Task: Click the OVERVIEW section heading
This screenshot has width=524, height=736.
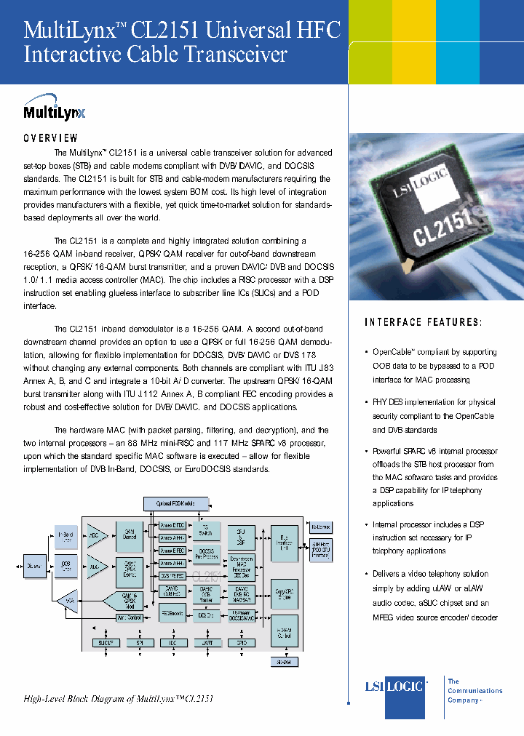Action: [x=50, y=137]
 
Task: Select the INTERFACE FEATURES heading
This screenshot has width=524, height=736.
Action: [x=423, y=322]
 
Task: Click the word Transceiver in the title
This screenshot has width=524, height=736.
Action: [x=230, y=55]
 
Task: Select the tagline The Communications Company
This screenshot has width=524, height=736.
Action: [x=474, y=690]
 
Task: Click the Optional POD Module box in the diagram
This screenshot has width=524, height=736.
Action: [x=175, y=503]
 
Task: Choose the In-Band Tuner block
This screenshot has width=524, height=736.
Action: [x=66, y=537]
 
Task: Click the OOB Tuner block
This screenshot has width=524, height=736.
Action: [x=66, y=564]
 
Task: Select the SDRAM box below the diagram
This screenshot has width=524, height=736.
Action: [x=284, y=662]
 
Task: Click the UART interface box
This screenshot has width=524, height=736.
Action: [x=207, y=643]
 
